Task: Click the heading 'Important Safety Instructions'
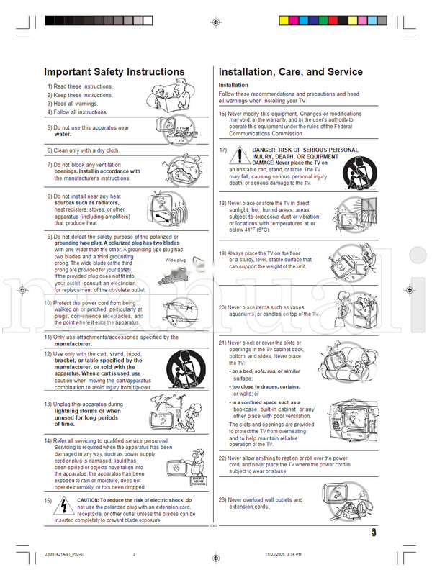tap(114, 72)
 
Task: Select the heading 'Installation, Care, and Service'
tap(291, 72)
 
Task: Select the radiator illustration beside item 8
tap(172, 208)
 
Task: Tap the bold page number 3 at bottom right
tap(374, 533)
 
